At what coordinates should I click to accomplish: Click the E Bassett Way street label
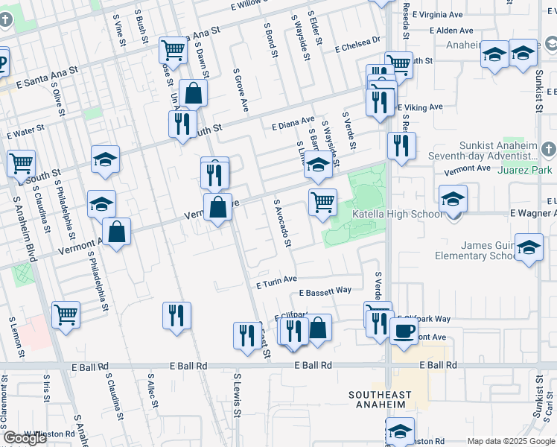(x=325, y=291)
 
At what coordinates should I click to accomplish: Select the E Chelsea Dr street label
(x=357, y=46)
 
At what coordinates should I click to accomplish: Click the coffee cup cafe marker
(x=403, y=331)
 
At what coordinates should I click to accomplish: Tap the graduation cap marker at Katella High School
(x=453, y=199)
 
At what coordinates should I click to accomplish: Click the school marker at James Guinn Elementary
(x=529, y=249)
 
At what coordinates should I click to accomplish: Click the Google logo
(x=25, y=438)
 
